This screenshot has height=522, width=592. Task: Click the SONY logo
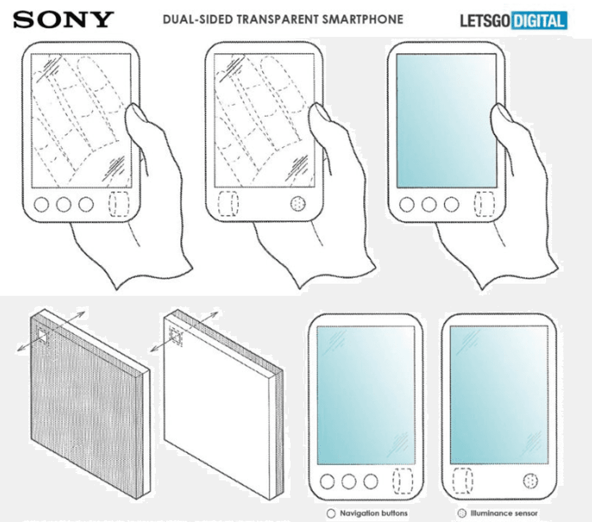click(63, 19)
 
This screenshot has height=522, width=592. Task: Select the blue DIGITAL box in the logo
click(539, 21)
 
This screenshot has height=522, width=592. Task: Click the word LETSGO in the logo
click(485, 21)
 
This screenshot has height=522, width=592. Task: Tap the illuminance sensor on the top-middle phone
click(298, 204)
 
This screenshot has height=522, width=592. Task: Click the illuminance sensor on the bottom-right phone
click(530, 481)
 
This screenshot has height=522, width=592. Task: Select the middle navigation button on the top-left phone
click(63, 204)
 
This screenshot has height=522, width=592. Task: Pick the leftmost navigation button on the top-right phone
click(407, 204)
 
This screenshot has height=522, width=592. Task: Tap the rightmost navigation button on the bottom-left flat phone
click(370, 481)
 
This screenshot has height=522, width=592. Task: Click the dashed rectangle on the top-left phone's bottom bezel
click(118, 204)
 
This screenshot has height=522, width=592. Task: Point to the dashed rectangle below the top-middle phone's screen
click(228, 203)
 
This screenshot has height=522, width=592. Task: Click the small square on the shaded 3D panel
click(43, 336)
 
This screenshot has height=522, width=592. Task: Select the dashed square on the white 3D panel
click(175, 335)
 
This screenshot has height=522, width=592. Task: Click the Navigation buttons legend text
click(373, 513)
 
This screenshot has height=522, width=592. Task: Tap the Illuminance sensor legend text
click(504, 513)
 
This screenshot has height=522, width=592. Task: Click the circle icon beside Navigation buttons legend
click(331, 514)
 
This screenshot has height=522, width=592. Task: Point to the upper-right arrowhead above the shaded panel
click(82, 314)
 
